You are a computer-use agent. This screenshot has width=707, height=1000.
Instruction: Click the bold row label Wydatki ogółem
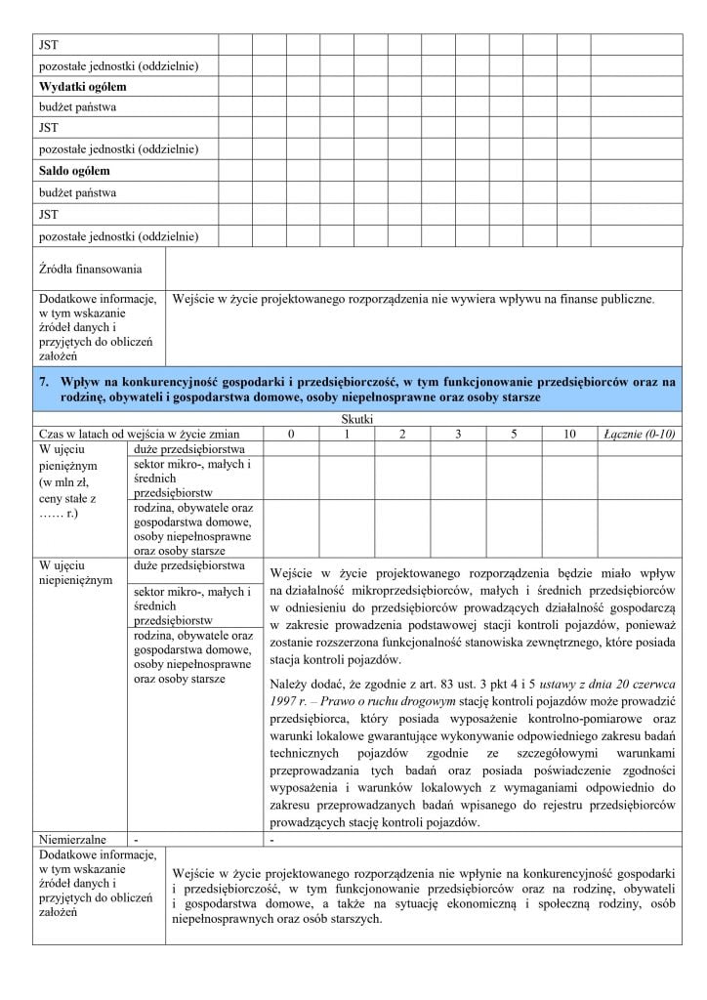83,86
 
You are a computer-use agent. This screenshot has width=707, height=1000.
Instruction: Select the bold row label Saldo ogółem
74,172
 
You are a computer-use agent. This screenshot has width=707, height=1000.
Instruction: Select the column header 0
289,432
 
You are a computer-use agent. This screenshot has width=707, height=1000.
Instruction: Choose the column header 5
513,432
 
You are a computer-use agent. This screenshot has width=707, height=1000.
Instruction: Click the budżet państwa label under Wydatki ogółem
77,107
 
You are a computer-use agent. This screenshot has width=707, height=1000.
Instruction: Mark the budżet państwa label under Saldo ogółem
77,193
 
